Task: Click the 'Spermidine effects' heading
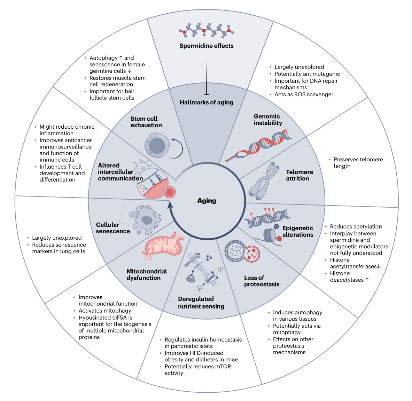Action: [207, 46]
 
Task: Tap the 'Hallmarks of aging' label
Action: [207, 102]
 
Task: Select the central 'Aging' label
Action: [207, 201]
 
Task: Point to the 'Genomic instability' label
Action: [268, 120]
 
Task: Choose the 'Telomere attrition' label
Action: [299, 175]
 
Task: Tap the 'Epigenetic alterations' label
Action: [297, 231]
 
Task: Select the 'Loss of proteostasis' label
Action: [262, 281]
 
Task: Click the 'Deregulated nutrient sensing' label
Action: [201, 303]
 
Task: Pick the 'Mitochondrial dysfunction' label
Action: [146, 274]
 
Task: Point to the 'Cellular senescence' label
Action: [113, 228]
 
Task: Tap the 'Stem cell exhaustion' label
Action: [146, 122]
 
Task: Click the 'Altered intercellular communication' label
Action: [120, 172]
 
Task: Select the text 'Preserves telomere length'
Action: [358, 163]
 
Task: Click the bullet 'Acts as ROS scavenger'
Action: [304, 94]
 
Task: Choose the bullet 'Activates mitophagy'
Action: [105, 311]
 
